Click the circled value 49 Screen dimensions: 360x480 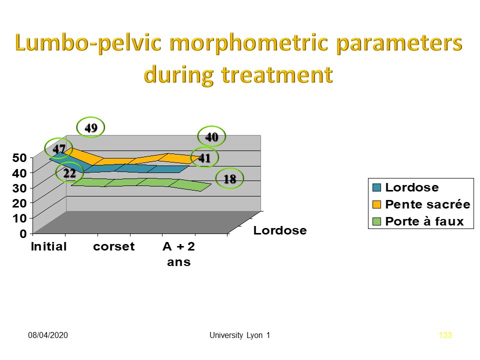click(90, 128)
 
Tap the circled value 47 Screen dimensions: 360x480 click(59, 148)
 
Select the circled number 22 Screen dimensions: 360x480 click(69, 173)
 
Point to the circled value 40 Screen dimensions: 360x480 click(211, 136)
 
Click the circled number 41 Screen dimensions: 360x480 click(204, 158)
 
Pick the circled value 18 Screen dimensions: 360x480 click(229, 179)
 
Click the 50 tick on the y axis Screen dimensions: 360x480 click(19, 158)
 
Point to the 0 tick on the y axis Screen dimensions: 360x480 click(23, 233)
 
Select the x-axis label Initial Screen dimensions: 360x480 click(48, 246)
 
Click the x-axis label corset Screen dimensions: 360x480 click(114, 246)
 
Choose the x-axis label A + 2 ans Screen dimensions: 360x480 click(178, 254)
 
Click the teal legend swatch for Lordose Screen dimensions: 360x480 click(376, 188)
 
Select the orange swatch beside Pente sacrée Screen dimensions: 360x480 click(376, 204)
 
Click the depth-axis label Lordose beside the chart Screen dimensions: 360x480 click(279, 230)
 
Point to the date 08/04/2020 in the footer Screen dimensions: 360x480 click(47, 335)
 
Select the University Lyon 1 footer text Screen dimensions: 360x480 click(240, 335)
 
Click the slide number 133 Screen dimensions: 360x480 click(445, 335)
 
